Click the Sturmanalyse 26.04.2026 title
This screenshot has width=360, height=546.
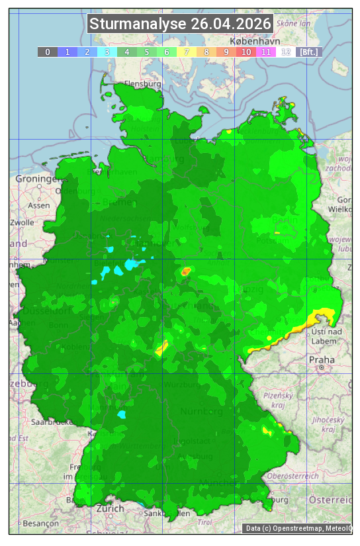(180, 24)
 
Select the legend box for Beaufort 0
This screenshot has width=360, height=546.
(47, 52)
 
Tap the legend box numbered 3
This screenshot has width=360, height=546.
(107, 52)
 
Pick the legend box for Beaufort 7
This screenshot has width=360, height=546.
(186, 52)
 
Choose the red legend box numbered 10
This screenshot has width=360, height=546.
(246, 52)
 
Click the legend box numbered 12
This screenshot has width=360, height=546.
(285, 52)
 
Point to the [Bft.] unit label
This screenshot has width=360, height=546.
(308, 52)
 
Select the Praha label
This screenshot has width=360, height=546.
(322, 360)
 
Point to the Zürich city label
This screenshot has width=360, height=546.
(110, 508)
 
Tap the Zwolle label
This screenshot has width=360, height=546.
(21, 222)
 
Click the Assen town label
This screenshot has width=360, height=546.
(39, 205)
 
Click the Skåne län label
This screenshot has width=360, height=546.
(294, 23)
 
